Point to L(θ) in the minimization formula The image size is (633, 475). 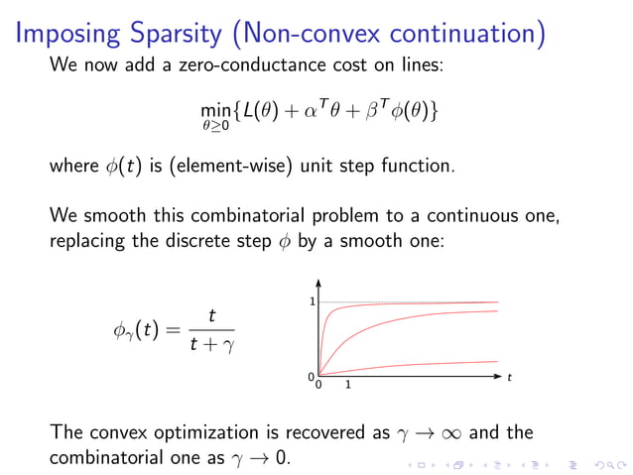click(265, 111)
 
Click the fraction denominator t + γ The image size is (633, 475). click(212, 345)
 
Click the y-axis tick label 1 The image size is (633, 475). click(311, 301)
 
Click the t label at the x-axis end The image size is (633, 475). click(509, 378)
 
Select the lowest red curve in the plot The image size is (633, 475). click(427, 366)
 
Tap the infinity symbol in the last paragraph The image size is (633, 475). click(443, 433)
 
